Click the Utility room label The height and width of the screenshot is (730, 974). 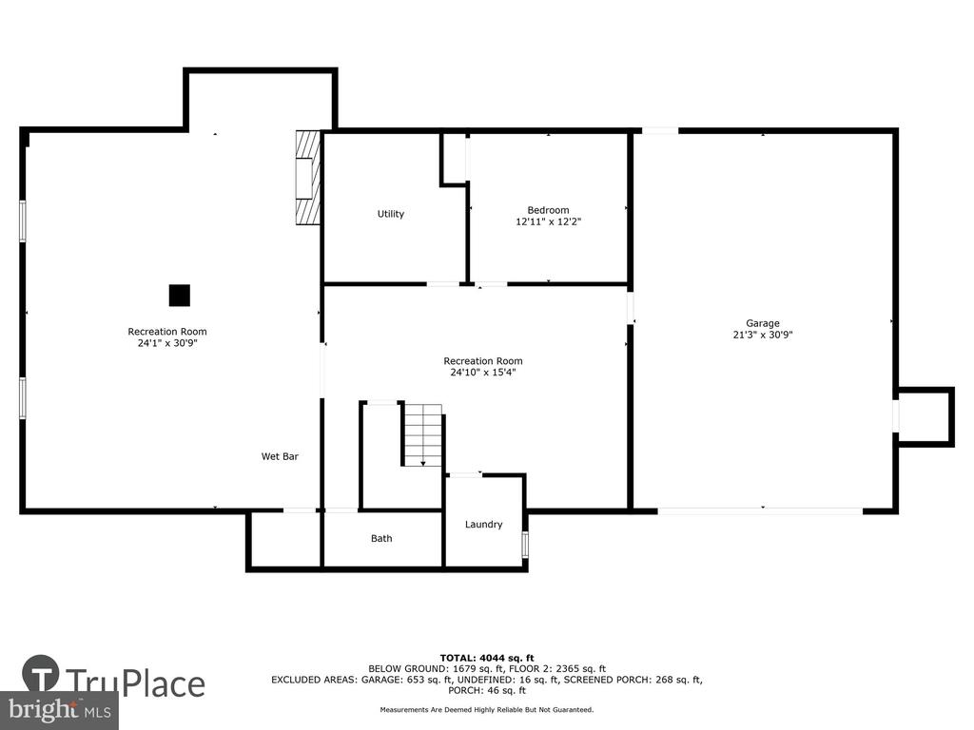[x=391, y=214]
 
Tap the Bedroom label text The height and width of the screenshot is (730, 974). [x=548, y=210]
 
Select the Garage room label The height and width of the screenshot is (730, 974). [x=763, y=323]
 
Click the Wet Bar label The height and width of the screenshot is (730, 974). [x=280, y=456]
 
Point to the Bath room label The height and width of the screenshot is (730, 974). [x=381, y=538]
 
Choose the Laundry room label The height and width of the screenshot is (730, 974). [x=484, y=525]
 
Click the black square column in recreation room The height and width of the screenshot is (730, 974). [x=180, y=296]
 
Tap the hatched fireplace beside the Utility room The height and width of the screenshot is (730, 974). [x=308, y=177]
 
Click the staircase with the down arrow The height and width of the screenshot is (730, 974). [x=423, y=435]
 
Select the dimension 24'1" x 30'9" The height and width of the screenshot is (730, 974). [x=167, y=342]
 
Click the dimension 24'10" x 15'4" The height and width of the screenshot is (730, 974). [x=483, y=373]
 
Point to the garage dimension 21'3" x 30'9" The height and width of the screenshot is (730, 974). [x=763, y=335]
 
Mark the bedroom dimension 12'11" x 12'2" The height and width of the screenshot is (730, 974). [x=548, y=221]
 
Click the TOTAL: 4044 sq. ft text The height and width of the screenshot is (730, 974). [x=487, y=658]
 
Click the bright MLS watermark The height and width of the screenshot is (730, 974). [x=59, y=709]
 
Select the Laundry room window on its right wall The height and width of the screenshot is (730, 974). [x=525, y=544]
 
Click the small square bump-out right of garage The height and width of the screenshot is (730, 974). [x=925, y=416]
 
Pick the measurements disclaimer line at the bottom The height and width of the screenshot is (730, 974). [x=487, y=709]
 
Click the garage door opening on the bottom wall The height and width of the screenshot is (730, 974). [x=760, y=510]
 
